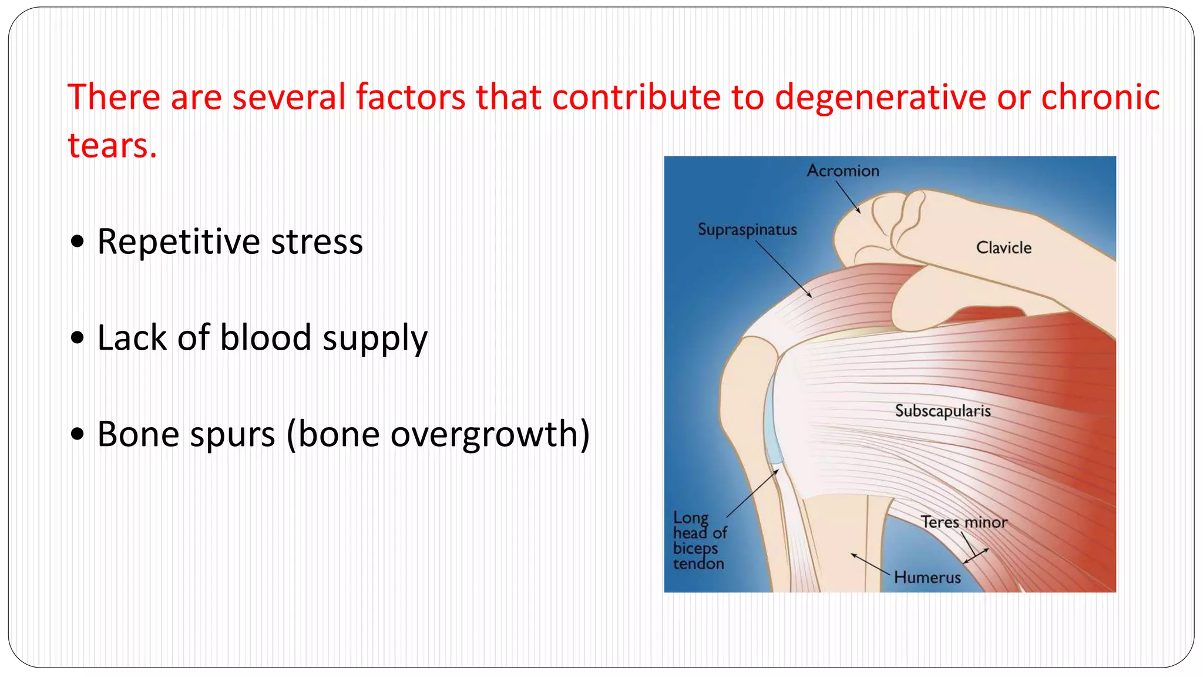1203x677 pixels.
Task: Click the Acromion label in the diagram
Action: [x=843, y=171]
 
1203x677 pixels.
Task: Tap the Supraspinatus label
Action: [x=747, y=230]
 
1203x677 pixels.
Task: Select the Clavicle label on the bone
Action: [x=1003, y=247]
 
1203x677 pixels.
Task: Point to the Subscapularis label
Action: [x=943, y=411]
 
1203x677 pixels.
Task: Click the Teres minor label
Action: [x=963, y=522]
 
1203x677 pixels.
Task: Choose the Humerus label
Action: [x=927, y=577]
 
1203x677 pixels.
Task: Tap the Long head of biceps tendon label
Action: [x=698, y=541]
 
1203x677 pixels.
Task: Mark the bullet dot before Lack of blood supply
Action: [x=77, y=338]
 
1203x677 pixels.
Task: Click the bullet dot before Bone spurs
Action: [x=77, y=435]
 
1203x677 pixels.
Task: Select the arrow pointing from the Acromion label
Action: [x=848, y=197]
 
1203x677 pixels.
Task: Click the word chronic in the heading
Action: [x=1100, y=97]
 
